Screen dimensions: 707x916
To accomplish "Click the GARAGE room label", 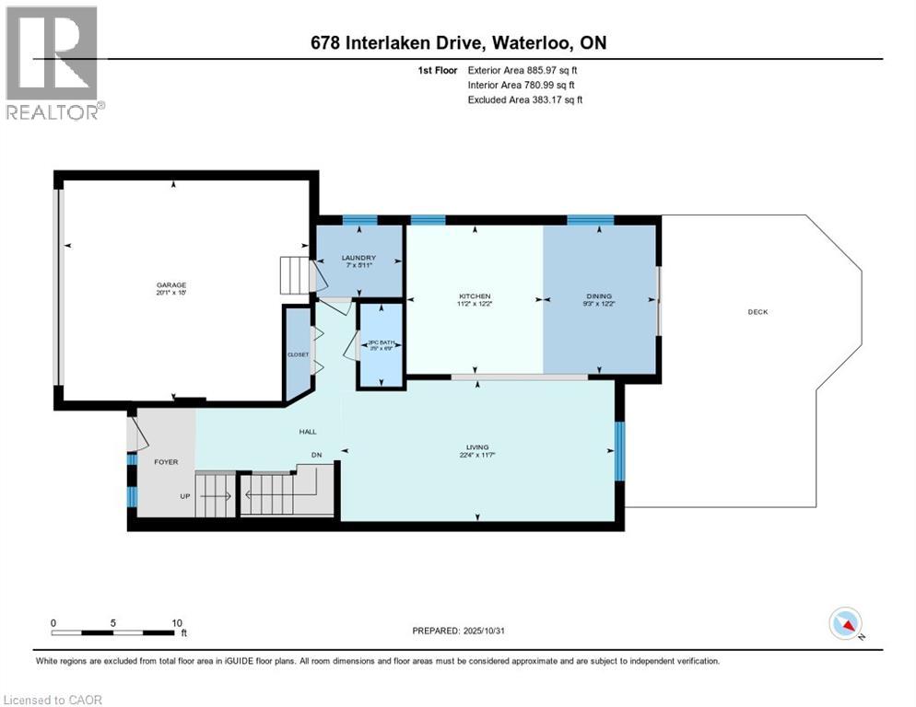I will click(x=170, y=285).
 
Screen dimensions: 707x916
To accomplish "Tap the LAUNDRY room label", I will click(x=358, y=258).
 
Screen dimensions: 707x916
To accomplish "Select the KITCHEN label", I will click(x=475, y=296).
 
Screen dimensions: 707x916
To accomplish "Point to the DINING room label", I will click(x=600, y=296).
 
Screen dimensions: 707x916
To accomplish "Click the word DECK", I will click(x=757, y=312).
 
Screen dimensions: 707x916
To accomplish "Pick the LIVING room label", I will click(x=476, y=447).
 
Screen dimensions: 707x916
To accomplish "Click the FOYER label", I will click(x=166, y=462).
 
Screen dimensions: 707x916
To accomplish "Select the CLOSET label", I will click(x=297, y=353).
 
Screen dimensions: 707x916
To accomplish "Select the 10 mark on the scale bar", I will click(x=175, y=622).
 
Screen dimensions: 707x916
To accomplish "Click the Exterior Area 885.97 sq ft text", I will click(x=523, y=70).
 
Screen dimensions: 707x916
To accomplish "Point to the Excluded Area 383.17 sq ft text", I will click(x=525, y=99).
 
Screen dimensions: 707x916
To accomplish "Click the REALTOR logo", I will click(x=54, y=63).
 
